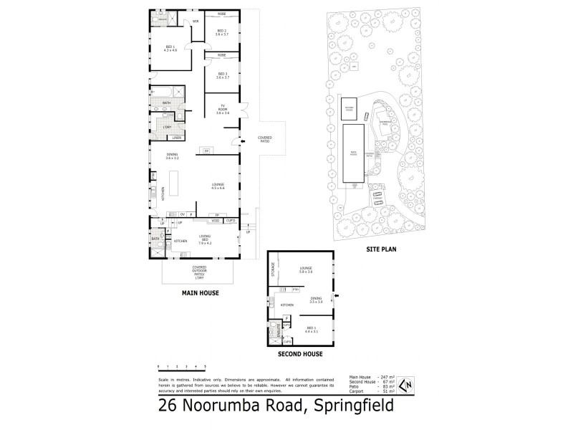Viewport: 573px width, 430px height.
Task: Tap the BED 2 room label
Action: tap(221, 32)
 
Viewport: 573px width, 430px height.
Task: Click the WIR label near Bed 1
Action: tap(195, 21)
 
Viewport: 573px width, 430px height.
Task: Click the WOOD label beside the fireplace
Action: tap(215, 220)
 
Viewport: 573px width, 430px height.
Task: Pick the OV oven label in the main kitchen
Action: tap(183, 214)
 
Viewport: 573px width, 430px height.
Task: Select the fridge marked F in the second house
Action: tap(286, 317)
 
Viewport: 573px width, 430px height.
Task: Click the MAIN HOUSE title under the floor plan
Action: tap(201, 294)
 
